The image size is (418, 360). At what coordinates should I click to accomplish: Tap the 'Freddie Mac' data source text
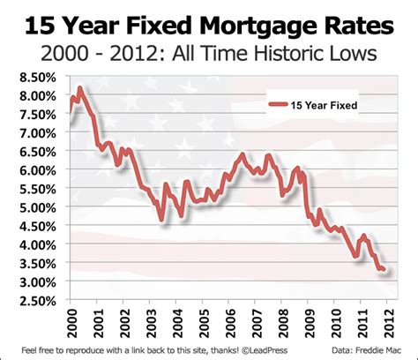(386, 349)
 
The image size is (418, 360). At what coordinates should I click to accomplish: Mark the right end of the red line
(383, 269)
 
